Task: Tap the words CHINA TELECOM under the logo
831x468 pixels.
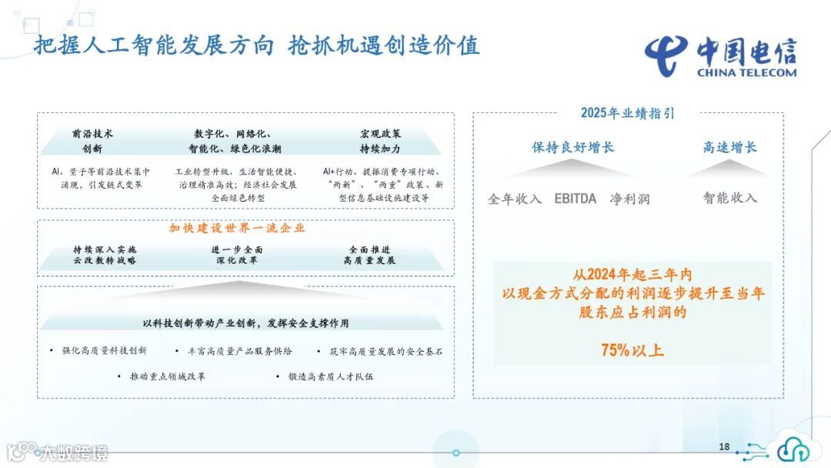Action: pyautogui.click(x=746, y=73)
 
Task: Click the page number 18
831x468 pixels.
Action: pyautogui.click(x=724, y=447)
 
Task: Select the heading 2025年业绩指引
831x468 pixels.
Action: pyautogui.click(x=627, y=113)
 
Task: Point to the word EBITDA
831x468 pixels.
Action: pyautogui.click(x=575, y=199)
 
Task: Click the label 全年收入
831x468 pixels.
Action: pyautogui.click(x=515, y=199)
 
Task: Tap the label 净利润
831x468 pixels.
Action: pyautogui.click(x=629, y=199)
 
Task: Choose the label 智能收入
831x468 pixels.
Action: pyautogui.click(x=729, y=197)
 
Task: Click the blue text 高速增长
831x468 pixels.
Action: pyautogui.click(x=729, y=147)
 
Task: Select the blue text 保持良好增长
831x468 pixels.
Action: pyautogui.click(x=573, y=147)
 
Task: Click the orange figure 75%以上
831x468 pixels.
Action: pyautogui.click(x=632, y=350)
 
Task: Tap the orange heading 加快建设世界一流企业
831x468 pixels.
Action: pyautogui.click(x=237, y=228)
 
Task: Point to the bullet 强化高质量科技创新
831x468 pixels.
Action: pyautogui.click(x=104, y=351)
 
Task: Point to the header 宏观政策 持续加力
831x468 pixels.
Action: pyautogui.click(x=380, y=141)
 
